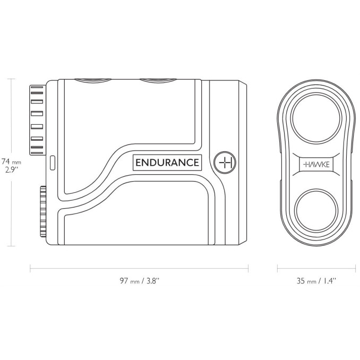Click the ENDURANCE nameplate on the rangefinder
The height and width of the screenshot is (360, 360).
[167, 162]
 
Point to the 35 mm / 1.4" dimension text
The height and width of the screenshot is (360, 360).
[316, 280]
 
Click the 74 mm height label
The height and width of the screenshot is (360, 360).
[11, 160]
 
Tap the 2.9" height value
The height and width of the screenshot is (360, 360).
[11, 170]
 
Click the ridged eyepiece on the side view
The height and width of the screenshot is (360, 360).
[37, 120]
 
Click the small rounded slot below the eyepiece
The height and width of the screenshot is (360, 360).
[52, 162]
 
